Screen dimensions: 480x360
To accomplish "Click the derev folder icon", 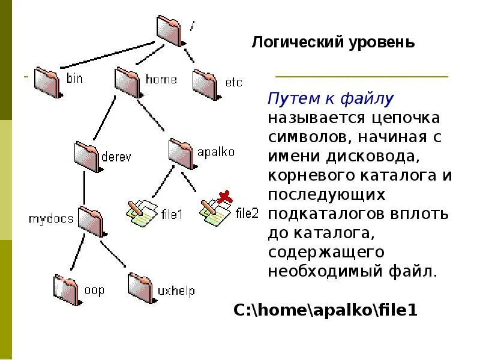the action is tap(88, 154).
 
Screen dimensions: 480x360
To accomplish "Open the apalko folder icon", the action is tap(182, 152).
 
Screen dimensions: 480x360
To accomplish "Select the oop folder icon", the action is tap(67, 289).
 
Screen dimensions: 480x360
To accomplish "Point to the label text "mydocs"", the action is tap(51, 219).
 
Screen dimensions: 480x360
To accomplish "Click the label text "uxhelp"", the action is tap(176, 291).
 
